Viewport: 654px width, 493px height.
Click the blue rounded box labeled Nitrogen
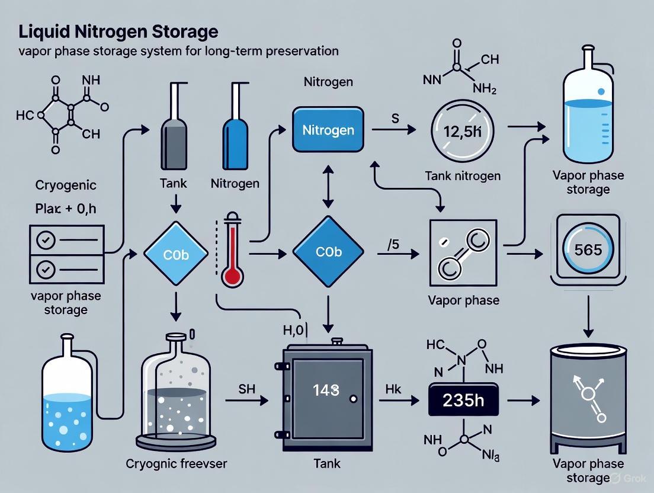(328, 129)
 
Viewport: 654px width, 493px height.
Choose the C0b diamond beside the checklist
(176, 254)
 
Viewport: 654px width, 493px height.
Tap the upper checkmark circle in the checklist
(46, 241)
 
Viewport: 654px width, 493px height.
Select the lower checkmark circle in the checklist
(46, 268)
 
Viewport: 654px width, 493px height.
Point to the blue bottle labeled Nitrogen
(232, 139)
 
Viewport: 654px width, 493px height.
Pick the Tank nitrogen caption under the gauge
(463, 176)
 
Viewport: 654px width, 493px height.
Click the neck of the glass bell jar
(175, 343)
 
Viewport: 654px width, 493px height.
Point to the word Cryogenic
(57, 185)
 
